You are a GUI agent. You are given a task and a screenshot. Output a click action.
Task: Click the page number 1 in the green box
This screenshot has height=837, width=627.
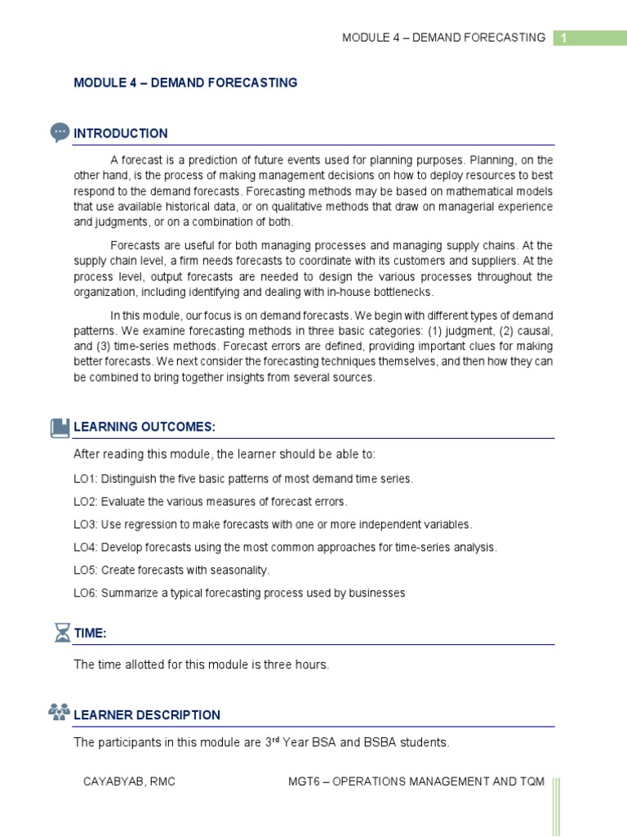(x=563, y=38)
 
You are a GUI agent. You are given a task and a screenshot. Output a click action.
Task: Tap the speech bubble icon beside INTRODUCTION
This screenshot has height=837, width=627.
(x=60, y=132)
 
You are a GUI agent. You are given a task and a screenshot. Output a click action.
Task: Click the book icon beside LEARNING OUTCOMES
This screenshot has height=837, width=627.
(x=60, y=427)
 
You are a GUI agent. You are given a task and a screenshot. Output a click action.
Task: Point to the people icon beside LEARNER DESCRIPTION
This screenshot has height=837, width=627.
(x=60, y=713)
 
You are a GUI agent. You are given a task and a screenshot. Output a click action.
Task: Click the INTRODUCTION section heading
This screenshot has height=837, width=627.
(x=121, y=133)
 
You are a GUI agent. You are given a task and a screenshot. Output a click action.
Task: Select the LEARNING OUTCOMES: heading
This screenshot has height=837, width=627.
(x=145, y=427)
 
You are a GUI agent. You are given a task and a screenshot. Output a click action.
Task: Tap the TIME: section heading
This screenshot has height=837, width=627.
(x=91, y=633)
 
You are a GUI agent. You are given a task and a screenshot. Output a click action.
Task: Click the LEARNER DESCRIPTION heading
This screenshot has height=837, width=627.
(x=147, y=715)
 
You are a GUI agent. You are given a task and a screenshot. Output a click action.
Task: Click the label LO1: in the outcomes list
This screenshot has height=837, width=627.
(x=86, y=479)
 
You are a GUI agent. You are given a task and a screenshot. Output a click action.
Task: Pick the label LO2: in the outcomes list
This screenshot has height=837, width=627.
(x=86, y=502)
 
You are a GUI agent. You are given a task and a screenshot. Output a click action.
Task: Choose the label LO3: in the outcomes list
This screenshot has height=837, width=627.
(x=86, y=525)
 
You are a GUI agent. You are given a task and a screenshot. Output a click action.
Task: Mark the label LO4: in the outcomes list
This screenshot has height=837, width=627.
(x=86, y=548)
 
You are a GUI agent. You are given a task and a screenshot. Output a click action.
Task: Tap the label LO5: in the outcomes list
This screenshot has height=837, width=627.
(x=86, y=570)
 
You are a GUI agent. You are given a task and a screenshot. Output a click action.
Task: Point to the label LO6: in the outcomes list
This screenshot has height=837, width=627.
(x=86, y=593)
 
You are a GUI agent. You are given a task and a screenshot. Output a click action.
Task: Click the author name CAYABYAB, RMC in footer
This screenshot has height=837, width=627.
(x=129, y=782)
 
